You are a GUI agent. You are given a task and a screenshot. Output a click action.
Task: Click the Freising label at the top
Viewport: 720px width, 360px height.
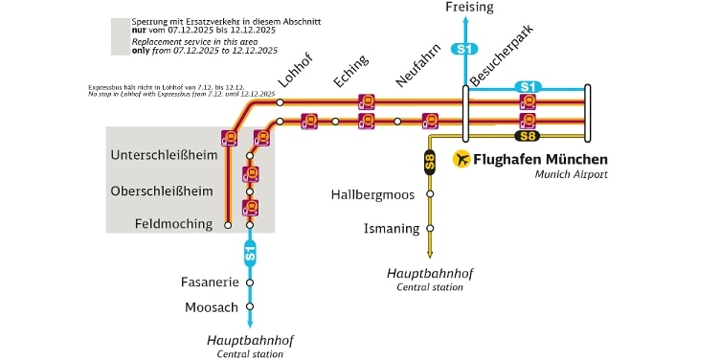[470, 8]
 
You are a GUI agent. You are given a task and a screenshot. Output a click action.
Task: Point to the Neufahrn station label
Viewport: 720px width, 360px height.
[416, 68]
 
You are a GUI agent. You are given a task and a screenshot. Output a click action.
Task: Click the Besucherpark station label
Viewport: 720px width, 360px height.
[505, 55]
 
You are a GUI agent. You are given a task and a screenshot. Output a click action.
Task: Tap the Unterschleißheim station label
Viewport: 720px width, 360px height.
[164, 155]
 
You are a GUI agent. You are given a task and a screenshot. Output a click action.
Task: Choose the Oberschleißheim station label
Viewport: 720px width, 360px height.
[162, 191]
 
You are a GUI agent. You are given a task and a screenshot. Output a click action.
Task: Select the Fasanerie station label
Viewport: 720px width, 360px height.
[212, 282]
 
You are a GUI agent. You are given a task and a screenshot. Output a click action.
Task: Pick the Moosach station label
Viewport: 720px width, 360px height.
[211, 307]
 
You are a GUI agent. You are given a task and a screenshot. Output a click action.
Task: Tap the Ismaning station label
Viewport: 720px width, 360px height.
[393, 228]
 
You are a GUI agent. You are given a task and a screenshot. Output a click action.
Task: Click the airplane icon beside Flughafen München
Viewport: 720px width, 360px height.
[462, 159]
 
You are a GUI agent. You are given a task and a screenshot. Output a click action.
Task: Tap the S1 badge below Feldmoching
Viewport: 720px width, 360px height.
[250, 254]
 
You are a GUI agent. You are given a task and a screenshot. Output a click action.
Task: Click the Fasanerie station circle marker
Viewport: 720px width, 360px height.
[250, 282]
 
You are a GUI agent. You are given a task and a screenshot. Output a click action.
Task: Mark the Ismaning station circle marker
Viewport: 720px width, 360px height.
[430, 228]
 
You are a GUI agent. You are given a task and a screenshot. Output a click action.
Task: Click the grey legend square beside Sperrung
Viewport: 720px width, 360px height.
[120, 36]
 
